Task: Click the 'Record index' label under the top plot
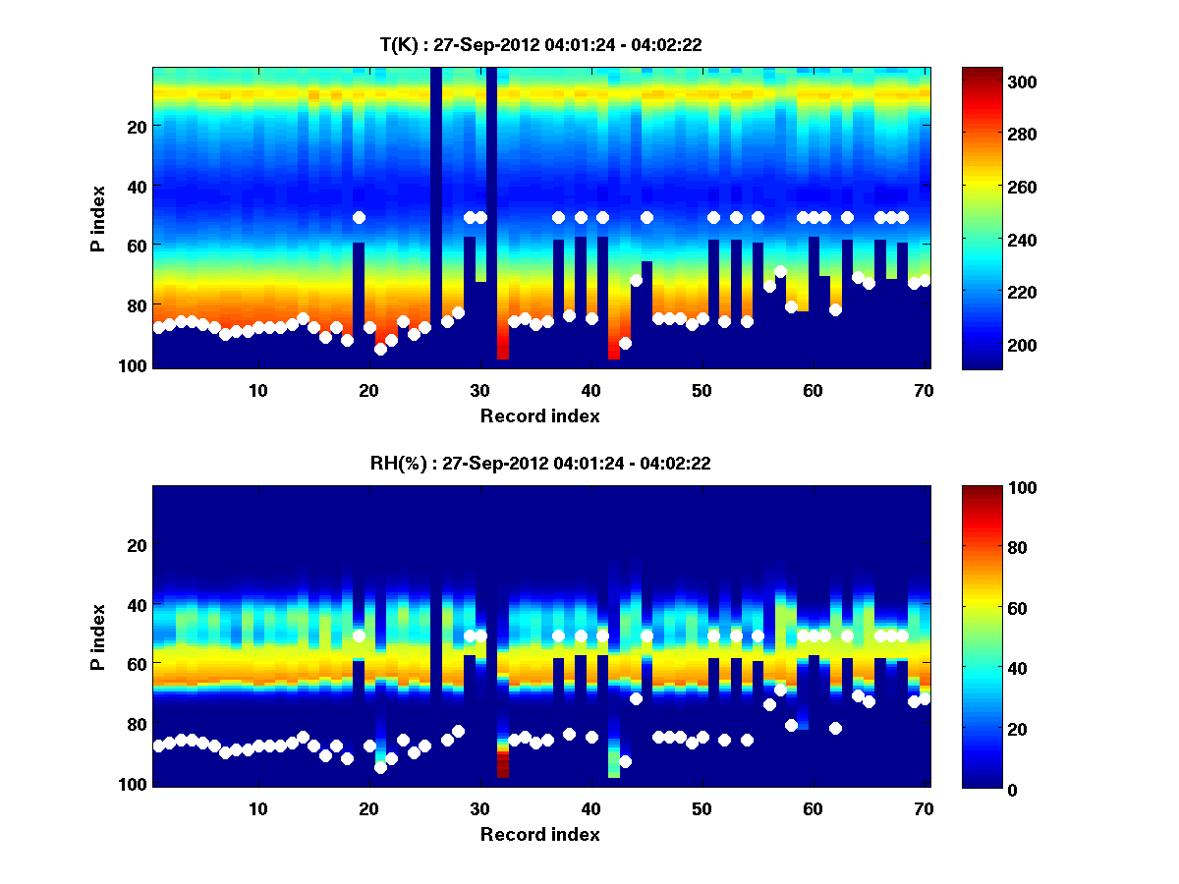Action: [x=539, y=415]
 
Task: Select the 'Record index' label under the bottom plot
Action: [x=539, y=834]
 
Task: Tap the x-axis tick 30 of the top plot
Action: [x=479, y=390]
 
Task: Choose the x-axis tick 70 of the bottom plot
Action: [x=924, y=808]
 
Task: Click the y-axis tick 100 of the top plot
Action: [x=135, y=365]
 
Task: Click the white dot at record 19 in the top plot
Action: [x=359, y=217]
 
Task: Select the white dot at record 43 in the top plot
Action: [x=625, y=343]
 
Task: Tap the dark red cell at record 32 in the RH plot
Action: [x=502, y=765]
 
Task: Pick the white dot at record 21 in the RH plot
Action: [x=380, y=767]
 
